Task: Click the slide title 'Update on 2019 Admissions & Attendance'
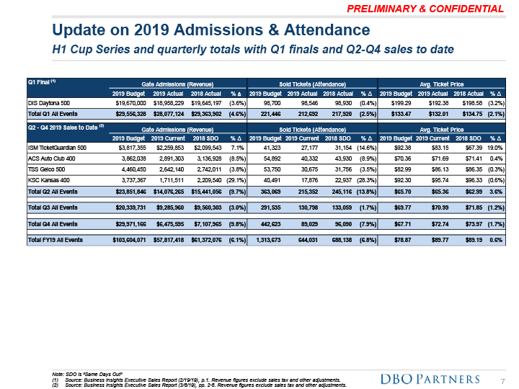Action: pos(212,30)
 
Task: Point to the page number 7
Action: pos(502,380)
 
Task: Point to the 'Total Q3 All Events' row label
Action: pos(57,207)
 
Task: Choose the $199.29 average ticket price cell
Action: pos(394,104)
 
